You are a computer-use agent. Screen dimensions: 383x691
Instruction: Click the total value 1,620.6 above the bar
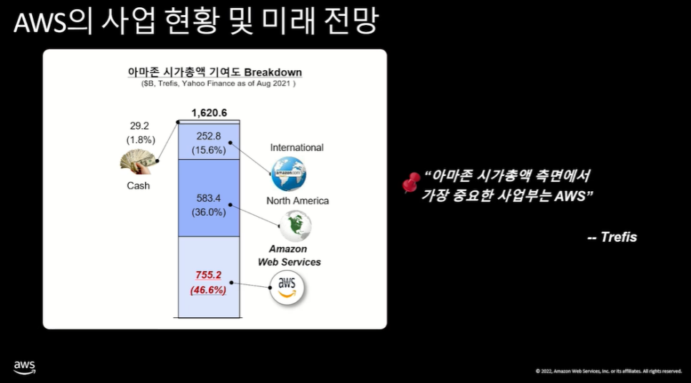click(209, 112)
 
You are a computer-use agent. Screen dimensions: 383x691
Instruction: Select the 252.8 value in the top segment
click(209, 137)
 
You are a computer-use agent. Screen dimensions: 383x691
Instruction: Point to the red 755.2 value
click(209, 275)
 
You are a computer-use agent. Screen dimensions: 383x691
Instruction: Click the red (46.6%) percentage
click(209, 290)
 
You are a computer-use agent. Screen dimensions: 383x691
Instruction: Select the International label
click(297, 147)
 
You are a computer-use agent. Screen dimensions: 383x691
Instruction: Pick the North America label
click(298, 200)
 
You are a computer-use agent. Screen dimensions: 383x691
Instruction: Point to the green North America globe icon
click(295, 226)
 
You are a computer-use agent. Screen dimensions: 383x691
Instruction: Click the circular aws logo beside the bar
click(287, 287)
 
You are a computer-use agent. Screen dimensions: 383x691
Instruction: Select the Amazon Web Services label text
click(289, 256)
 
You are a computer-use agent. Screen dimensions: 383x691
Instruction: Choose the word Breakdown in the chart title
click(273, 72)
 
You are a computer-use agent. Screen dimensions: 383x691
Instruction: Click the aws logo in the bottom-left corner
click(24, 368)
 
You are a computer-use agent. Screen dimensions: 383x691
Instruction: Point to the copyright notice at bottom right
click(608, 371)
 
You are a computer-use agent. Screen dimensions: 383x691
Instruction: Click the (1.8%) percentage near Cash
click(140, 140)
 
